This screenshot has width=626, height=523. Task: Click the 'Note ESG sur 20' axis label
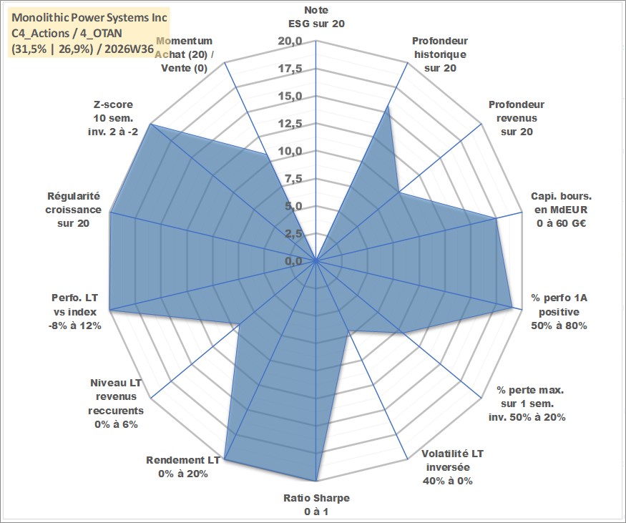coord(316,16)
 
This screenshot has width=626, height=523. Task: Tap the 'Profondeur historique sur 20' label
coord(440,54)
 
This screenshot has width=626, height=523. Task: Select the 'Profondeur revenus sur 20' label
coord(517,118)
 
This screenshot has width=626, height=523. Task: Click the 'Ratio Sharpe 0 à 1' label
coord(316,504)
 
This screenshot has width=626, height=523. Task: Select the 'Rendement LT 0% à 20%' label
coord(183,466)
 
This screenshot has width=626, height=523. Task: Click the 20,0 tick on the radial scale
coord(290,41)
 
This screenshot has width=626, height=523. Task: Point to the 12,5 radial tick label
coord(290,124)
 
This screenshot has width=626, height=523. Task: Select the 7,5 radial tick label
coord(293,179)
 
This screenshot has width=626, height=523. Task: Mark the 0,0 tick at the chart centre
coord(293,261)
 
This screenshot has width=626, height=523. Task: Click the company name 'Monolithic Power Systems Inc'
coord(89,18)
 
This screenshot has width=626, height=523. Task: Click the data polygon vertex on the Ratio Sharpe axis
coord(316,481)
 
